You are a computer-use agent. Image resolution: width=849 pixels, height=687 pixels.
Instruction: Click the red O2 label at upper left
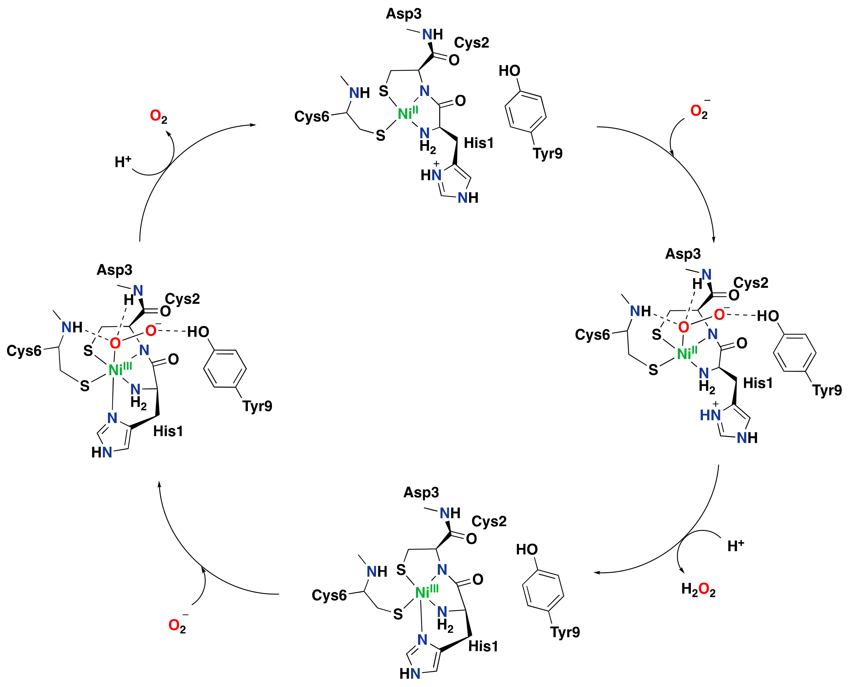[x=158, y=117]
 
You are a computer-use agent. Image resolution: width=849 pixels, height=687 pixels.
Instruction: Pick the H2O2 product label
[x=698, y=590]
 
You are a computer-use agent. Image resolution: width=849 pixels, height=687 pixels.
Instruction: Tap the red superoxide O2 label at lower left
[x=177, y=625]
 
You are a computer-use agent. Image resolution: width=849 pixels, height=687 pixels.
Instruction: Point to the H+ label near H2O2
[x=735, y=546]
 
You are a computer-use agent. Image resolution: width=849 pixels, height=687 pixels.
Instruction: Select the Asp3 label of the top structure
[x=403, y=14]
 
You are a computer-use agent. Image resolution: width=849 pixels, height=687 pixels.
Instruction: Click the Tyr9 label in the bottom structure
[x=565, y=632]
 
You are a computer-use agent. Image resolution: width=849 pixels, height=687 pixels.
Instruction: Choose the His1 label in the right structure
[x=758, y=383]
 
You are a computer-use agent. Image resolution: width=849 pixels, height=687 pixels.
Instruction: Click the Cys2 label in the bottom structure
[x=489, y=521]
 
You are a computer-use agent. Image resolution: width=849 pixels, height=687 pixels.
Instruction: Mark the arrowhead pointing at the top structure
[x=253, y=125]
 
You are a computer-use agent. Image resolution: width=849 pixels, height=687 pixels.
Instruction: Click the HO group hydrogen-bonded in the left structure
[x=198, y=332]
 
